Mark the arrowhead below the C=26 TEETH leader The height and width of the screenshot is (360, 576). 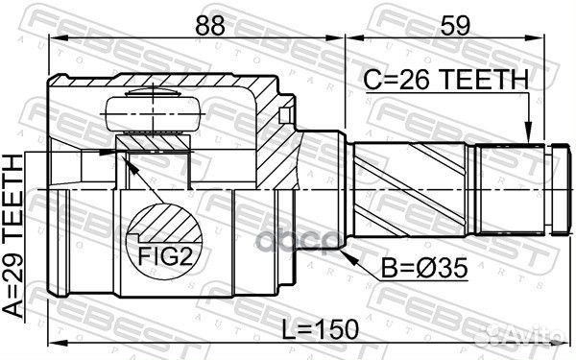click(x=529, y=136)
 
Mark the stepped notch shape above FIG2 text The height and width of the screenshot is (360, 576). click(x=159, y=226)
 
